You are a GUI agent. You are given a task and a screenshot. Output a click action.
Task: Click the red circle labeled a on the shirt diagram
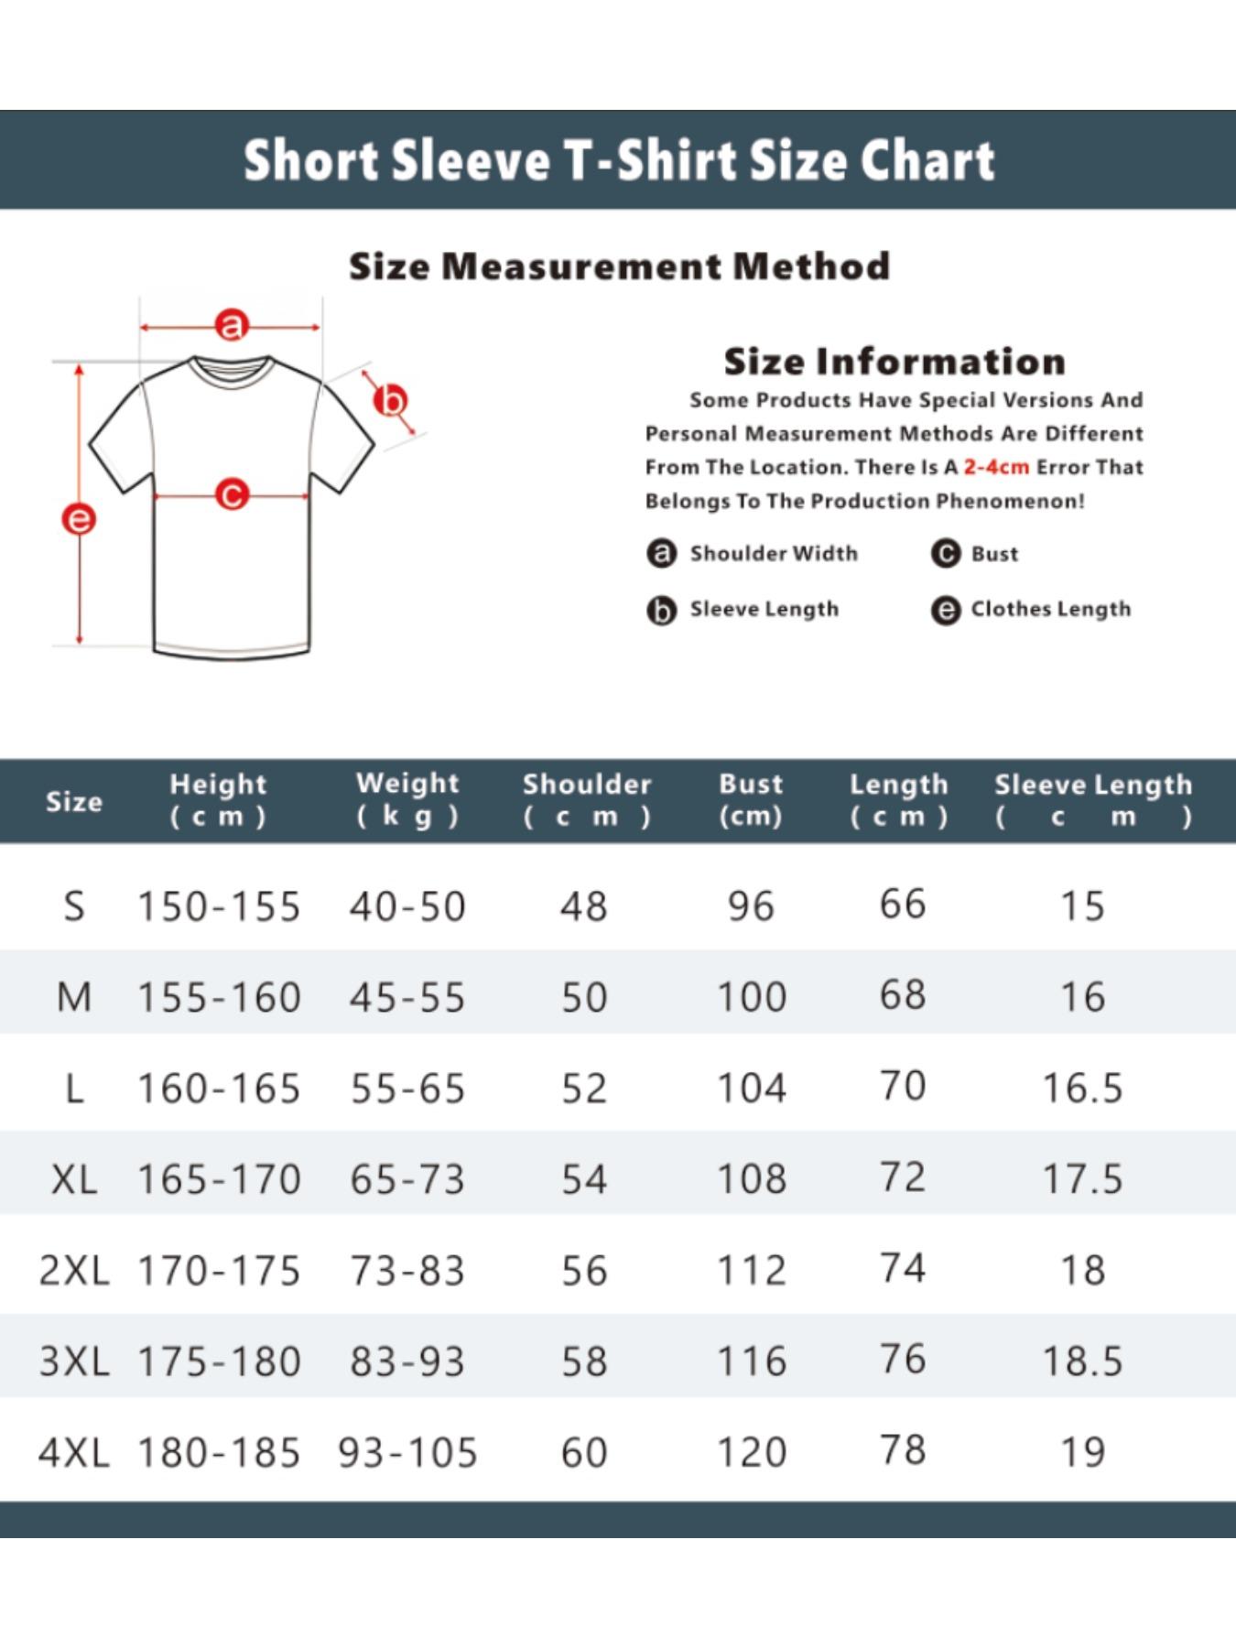coord(232,325)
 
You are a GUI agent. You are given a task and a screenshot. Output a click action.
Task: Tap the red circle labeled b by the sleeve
coord(391,401)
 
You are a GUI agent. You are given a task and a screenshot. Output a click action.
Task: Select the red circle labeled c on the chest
coord(232,495)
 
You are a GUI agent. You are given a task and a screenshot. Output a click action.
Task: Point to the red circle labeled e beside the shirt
coord(79,519)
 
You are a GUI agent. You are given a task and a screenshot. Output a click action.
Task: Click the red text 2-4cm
coord(996,467)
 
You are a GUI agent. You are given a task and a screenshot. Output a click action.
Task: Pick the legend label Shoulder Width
coord(774,553)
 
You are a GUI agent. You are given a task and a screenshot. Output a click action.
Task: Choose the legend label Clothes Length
coord(1050,609)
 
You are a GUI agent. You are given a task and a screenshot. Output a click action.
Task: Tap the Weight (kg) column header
coord(407,799)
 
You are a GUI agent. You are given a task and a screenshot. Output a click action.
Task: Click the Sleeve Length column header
coord(1093,799)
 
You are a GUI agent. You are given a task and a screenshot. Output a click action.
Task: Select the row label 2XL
coord(73,1270)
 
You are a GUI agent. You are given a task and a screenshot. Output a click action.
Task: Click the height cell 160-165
coord(219,1089)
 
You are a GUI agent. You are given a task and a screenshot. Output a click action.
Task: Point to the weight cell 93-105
coord(407,1452)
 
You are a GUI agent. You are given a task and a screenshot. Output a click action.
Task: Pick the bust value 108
coord(751,1179)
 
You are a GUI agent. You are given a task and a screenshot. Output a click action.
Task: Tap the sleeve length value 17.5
coord(1082,1179)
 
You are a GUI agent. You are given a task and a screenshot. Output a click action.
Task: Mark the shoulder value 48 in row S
coord(584,906)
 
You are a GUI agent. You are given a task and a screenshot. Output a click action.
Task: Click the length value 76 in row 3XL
coord(903,1359)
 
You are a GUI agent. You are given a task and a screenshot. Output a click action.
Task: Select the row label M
coord(73,997)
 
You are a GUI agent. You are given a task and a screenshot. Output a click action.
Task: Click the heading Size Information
coord(894,362)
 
